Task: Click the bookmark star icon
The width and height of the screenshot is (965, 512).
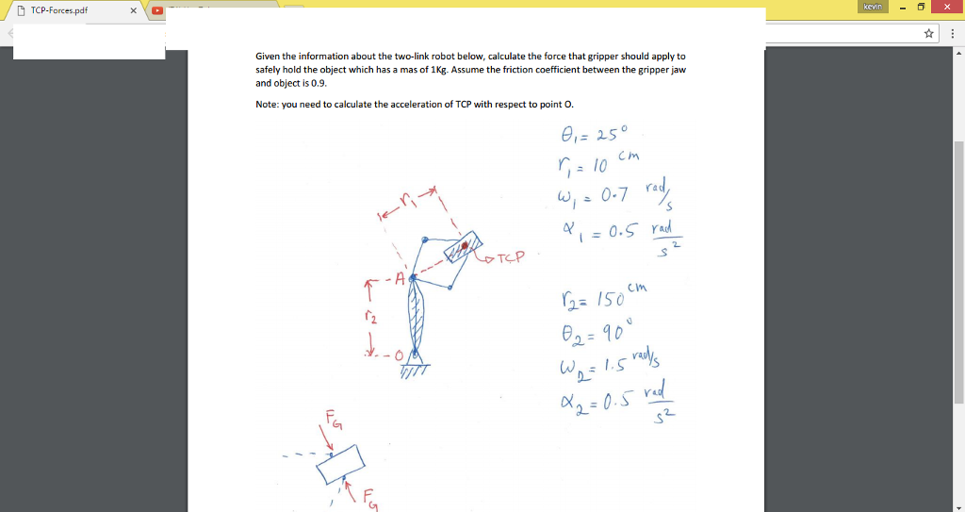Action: (x=930, y=34)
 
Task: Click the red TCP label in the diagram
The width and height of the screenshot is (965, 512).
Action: (x=507, y=256)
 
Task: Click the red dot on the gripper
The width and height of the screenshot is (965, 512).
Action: (x=464, y=245)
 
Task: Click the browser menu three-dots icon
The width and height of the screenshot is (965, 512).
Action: (x=952, y=34)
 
